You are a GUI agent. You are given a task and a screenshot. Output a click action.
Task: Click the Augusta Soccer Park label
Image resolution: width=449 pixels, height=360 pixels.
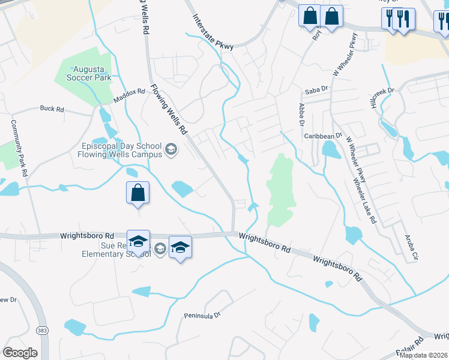[92, 73]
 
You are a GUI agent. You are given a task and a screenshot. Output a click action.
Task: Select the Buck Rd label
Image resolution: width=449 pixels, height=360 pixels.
[52, 109]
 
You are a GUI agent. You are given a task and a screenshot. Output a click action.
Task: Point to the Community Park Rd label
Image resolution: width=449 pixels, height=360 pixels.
[18, 147]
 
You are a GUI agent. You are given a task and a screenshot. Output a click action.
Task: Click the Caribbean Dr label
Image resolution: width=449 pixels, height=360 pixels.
[322, 136]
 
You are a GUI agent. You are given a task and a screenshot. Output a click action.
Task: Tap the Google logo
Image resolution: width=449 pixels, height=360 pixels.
[20, 353]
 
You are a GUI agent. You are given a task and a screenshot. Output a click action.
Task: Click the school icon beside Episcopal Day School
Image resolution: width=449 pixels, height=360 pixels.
[171, 149]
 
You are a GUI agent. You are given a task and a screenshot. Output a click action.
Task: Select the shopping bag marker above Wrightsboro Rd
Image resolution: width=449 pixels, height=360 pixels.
[138, 193]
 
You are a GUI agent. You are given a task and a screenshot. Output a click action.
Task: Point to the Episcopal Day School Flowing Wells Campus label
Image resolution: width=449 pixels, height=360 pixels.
[120, 150]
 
